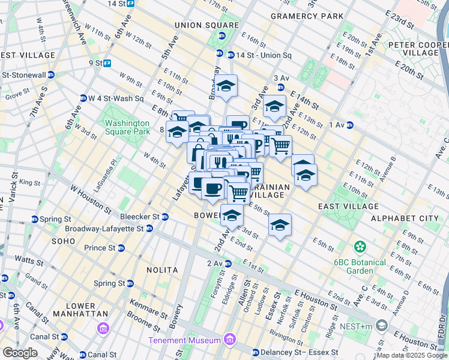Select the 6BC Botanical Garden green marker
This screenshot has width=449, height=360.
[360, 247]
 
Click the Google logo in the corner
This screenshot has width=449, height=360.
[20, 353]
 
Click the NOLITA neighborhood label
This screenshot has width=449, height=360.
[164, 271]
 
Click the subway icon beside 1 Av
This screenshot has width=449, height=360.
[349, 125]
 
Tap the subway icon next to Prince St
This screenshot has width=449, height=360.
[121, 248]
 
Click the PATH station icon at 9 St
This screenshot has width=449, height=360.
[107, 62]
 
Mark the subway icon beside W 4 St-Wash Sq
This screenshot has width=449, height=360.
[83, 98]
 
